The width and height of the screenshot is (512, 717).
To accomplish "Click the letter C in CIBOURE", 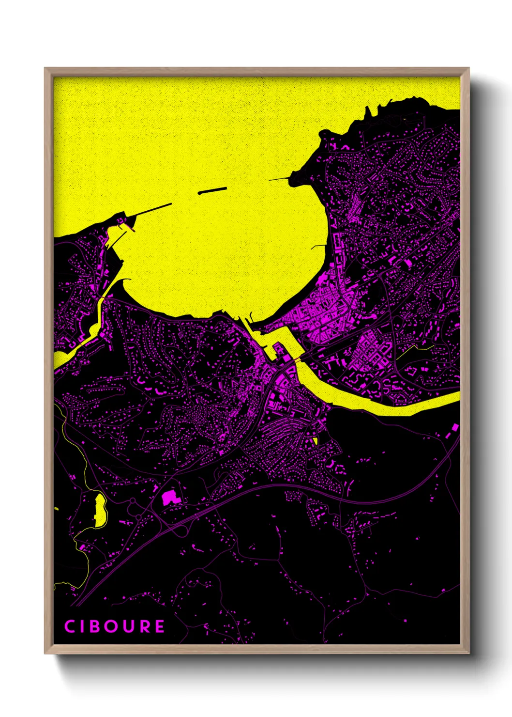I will pyautogui.click(x=70, y=626).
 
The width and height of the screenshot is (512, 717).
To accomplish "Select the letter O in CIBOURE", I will pyautogui.click(x=113, y=626).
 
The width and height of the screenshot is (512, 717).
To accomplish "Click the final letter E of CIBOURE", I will pyautogui.click(x=160, y=626).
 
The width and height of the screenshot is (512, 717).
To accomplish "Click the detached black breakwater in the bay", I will pyautogui.click(x=212, y=191).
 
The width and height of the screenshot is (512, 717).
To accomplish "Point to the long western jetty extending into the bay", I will pyautogui.click(x=152, y=210).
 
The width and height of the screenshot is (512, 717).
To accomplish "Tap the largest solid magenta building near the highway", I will pyautogui.click(x=169, y=498).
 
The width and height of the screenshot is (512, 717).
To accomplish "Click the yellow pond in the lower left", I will pyautogui.click(x=100, y=510).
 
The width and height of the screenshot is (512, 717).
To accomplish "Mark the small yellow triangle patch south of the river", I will pyautogui.click(x=315, y=441).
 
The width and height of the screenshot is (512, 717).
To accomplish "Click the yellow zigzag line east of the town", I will pyautogui.click(x=415, y=349).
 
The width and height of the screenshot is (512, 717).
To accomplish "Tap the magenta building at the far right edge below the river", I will pyautogui.click(x=455, y=427).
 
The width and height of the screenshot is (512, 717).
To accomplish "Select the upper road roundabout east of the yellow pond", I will pyautogui.click(x=132, y=501).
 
